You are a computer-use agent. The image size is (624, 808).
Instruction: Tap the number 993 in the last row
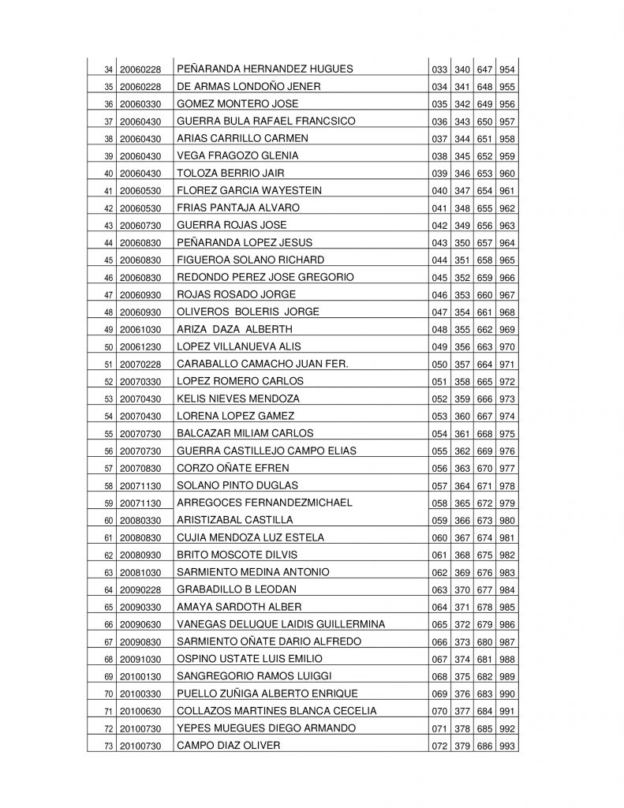(x=507, y=746)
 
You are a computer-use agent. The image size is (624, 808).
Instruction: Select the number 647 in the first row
(x=484, y=69)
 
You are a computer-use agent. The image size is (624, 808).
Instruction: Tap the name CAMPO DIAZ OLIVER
(x=229, y=746)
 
